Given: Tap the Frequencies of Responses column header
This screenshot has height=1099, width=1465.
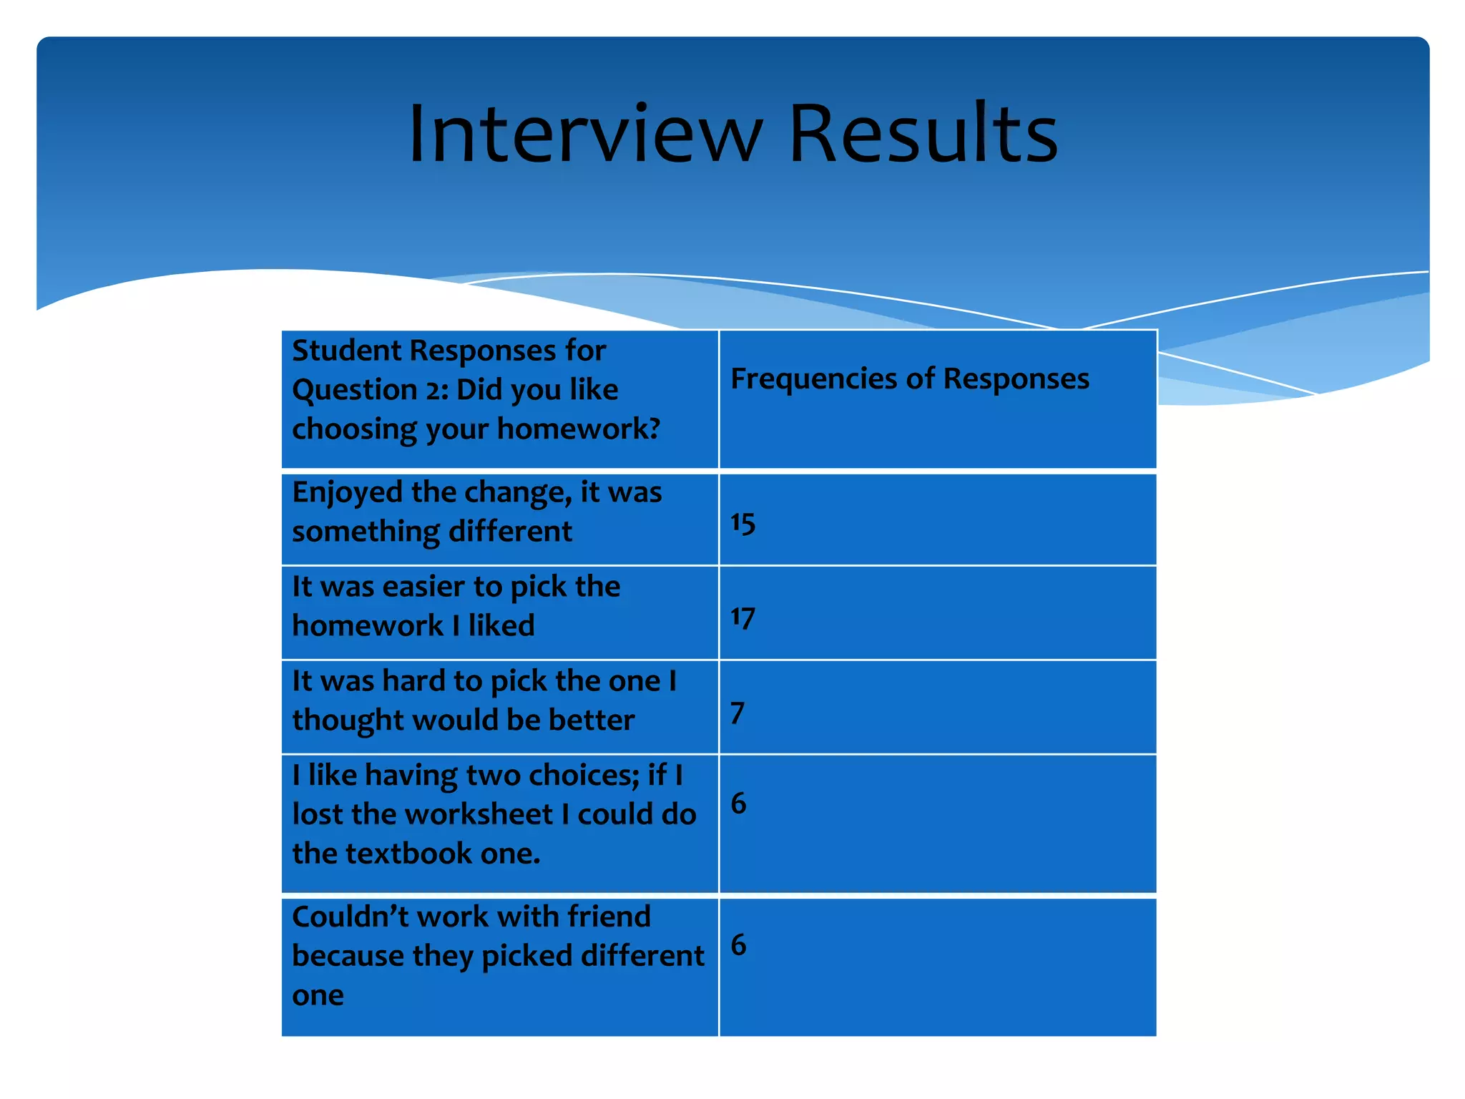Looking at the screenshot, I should (x=909, y=378).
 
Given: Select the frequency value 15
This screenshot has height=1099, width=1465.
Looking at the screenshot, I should (x=743, y=523).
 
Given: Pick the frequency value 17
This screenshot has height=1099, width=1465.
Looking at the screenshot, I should (x=743, y=617).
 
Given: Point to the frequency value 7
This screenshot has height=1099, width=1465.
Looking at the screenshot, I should (x=738, y=713).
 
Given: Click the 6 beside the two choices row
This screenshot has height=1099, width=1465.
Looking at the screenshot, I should (x=738, y=804).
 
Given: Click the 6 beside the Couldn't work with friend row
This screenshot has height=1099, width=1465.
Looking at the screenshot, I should (x=738, y=945).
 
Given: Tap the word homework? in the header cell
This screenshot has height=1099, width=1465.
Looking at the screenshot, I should (x=579, y=429).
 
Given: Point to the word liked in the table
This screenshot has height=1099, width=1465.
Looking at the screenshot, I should (x=501, y=625).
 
